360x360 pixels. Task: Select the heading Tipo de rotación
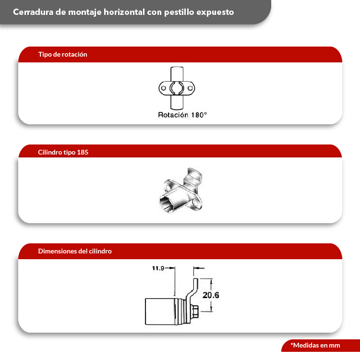tap(62, 54)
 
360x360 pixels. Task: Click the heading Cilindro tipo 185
tap(63, 152)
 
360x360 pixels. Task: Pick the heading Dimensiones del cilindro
tap(75, 251)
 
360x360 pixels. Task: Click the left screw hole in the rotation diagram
tap(164, 88)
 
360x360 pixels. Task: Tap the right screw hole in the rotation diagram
tap(191, 88)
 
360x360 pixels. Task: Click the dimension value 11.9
tap(158, 268)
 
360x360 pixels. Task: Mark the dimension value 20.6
tap(211, 295)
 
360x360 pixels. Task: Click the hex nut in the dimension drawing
tap(195, 311)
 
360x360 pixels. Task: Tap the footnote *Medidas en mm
tap(315, 345)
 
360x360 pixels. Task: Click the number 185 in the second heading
tap(83, 152)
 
